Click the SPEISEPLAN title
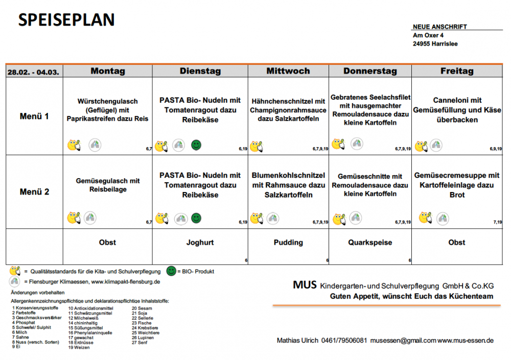click(66, 19)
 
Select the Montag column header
click(108, 70)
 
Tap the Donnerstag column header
click(370, 71)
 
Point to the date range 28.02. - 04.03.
click(33, 72)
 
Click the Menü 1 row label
click(34, 116)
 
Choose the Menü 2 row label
click(34, 191)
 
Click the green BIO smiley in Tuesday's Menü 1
click(196, 145)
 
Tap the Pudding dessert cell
click(288, 243)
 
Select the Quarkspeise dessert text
click(370, 243)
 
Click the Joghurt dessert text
click(200, 243)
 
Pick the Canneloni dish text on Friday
click(457, 110)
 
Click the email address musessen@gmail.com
click(403, 341)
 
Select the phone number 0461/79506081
click(344, 341)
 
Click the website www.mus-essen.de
click(466, 341)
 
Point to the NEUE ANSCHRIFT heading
click(440, 27)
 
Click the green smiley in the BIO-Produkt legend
click(171, 271)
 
